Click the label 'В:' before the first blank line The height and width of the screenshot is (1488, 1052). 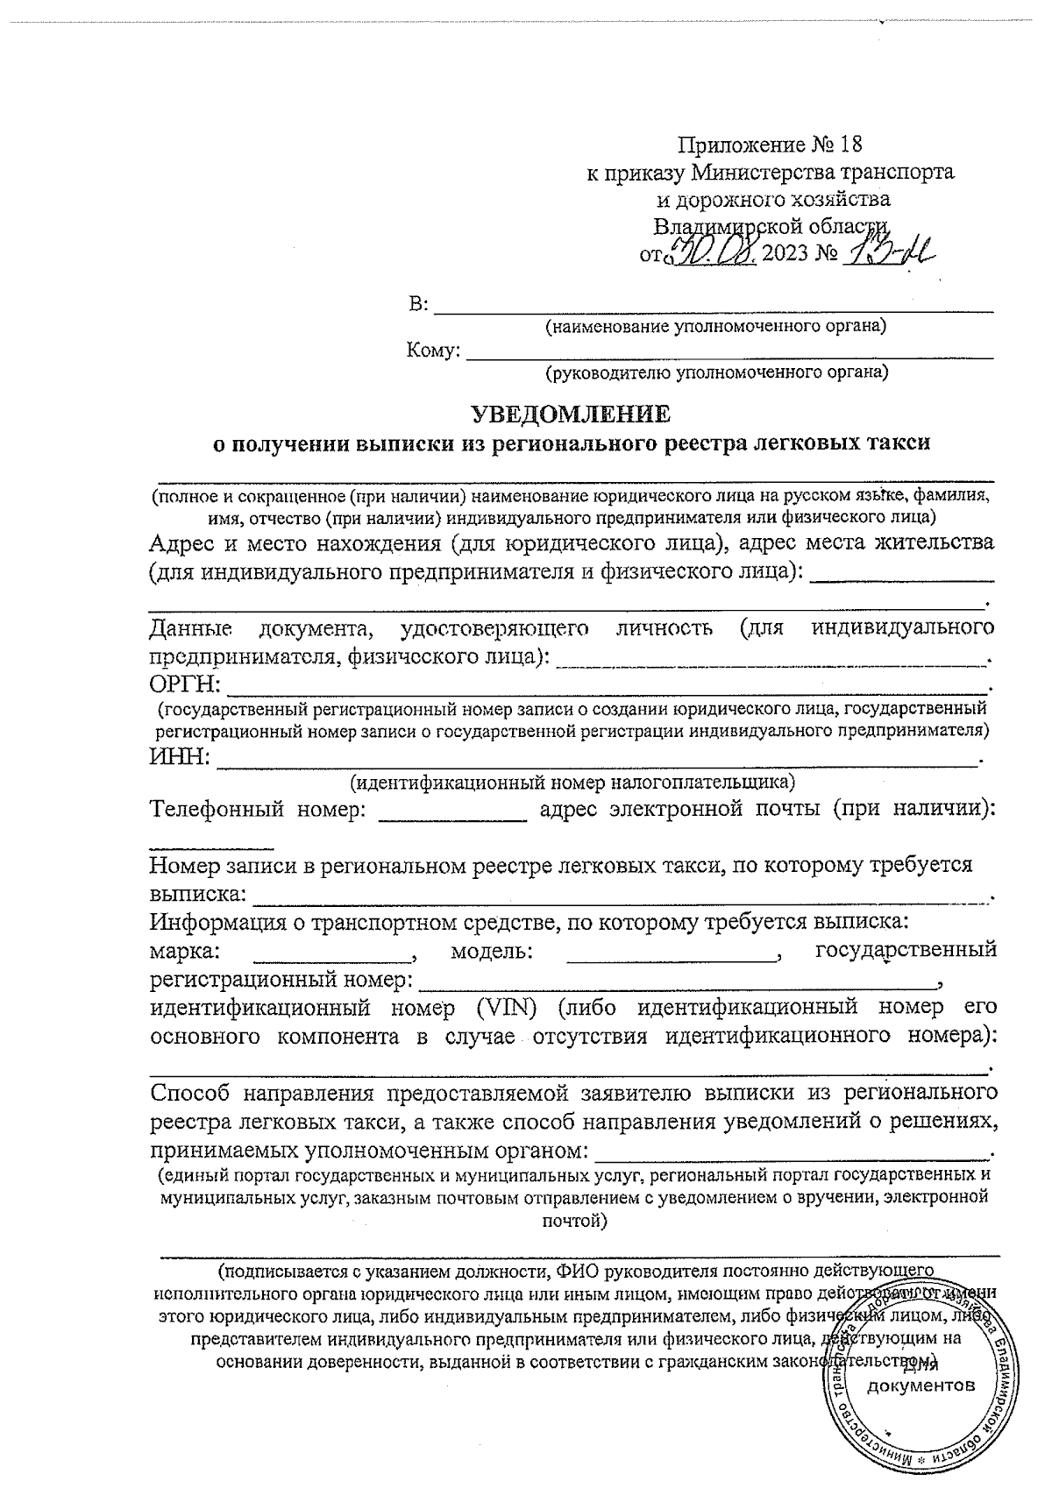[419, 305]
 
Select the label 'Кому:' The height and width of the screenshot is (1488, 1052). [433, 351]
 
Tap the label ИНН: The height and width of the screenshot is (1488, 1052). [180, 756]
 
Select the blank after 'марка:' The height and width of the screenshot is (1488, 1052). [333, 954]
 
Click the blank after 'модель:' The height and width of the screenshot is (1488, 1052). [672, 954]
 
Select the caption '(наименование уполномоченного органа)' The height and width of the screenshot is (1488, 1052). [715, 328]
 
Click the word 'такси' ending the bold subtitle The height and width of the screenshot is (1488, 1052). [897, 443]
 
